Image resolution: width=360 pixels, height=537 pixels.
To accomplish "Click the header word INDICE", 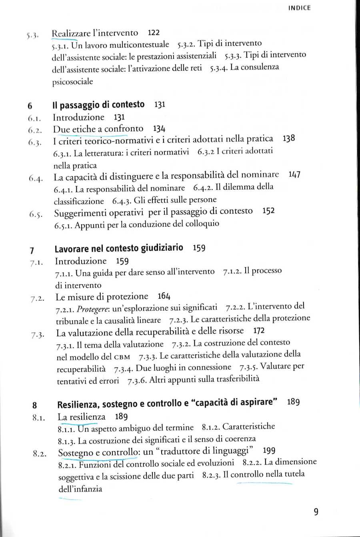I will pos(299,8).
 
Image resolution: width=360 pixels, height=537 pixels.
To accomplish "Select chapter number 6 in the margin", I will pos(30,106).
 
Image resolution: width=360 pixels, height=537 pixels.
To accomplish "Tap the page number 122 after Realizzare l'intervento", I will pos(154,33).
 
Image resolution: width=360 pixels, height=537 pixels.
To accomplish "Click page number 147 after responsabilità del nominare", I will pos(294,175).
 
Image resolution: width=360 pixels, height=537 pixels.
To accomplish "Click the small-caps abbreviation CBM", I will pos(122,357).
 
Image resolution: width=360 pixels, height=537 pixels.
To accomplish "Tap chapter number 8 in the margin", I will pos(35,405).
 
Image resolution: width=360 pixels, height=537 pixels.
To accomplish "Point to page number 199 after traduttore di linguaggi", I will pos(269,451).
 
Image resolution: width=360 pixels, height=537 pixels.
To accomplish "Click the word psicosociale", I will pos(72,82).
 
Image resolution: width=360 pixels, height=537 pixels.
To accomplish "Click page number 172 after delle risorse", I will pos(259,331).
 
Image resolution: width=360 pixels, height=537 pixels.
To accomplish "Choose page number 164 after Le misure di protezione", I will pos(164,296).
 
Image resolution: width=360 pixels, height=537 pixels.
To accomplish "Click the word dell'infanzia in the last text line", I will pos(80,489).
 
